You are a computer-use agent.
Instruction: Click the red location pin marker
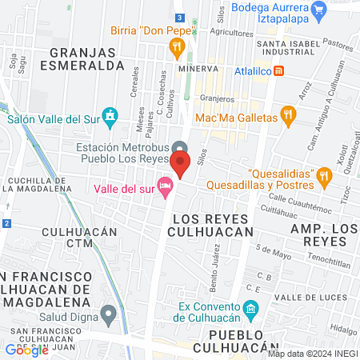[x=180, y=165]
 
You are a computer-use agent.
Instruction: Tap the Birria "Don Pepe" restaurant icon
[x=177, y=50]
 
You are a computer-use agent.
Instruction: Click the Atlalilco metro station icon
[x=278, y=70]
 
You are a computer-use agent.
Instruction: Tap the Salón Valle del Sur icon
[x=110, y=118]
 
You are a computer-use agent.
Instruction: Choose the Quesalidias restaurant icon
[x=324, y=174]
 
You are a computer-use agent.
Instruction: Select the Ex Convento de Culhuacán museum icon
[x=250, y=309]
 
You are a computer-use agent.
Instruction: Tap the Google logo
[x=26, y=350]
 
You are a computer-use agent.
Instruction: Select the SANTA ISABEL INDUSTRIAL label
[x=284, y=46]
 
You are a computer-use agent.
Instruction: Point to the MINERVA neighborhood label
[x=198, y=70]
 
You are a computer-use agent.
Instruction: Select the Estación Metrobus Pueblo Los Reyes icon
[x=181, y=148]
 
